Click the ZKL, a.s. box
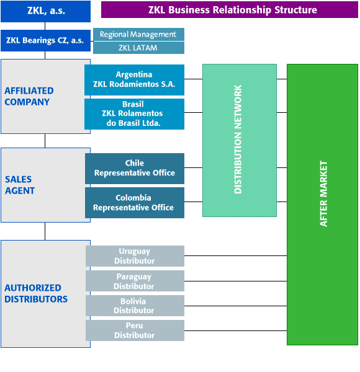pyautogui.click(x=45, y=11)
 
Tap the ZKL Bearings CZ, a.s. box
pyautogui.click(x=45, y=40)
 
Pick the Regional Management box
pyautogui.click(x=138, y=34)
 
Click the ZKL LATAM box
pyautogui.click(x=138, y=48)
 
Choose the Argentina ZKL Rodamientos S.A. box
pyautogui.click(x=135, y=80)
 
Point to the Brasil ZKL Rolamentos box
pyautogui.click(x=135, y=114)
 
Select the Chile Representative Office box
pyautogui.click(x=135, y=169)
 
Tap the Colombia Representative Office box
pyautogui.click(x=135, y=203)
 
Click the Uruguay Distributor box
pyautogui.click(x=135, y=256)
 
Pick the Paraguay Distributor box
pyautogui.click(x=135, y=281)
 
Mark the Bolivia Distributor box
pyautogui.click(x=135, y=306)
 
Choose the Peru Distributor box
pyautogui.click(x=135, y=330)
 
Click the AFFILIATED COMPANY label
pyautogui.click(x=29, y=96)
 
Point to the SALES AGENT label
pyautogui.click(x=20, y=185)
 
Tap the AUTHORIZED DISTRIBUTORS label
pyautogui.click(x=36, y=293)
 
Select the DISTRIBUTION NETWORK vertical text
pyautogui.click(x=238, y=139)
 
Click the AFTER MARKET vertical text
pyautogui.click(x=323, y=194)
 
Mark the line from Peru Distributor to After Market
pyautogui.click(x=236, y=330)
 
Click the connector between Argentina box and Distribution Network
pyautogui.click(x=193, y=79)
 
